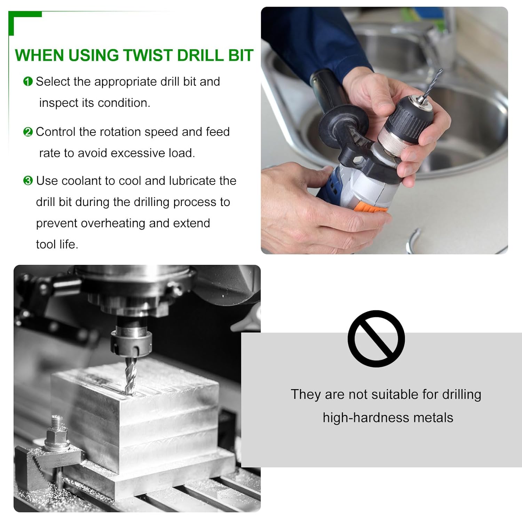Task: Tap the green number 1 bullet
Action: (28, 81)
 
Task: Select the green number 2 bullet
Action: (28, 132)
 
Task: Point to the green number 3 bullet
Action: (28, 181)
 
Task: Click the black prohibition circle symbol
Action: (376, 339)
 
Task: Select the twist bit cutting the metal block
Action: (129, 377)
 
